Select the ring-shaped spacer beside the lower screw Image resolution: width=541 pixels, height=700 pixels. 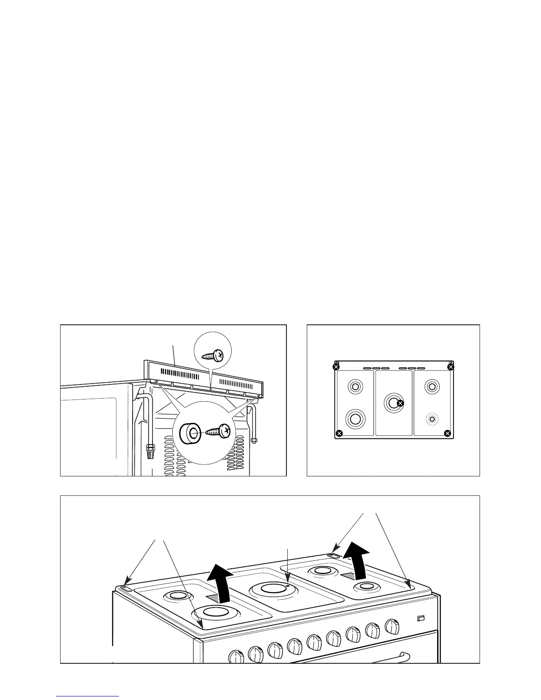(190, 432)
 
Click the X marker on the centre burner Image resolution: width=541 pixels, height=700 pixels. (400, 403)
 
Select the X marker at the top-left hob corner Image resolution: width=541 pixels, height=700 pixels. (336, 367)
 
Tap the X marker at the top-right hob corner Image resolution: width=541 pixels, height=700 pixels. (451, 367)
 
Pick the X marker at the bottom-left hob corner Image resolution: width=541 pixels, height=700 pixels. (339, 433)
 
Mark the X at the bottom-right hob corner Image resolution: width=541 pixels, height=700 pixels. (447, 433)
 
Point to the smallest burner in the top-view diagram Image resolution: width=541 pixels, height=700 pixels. (432, 418)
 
